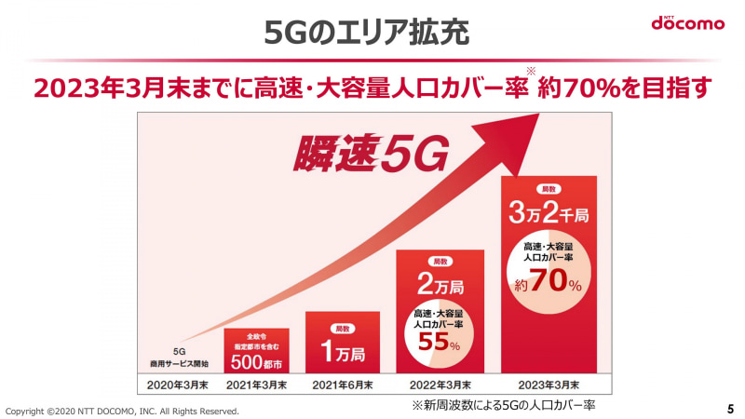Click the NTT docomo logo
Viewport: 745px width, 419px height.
(687, 21)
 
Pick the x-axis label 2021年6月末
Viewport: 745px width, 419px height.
(343, 384)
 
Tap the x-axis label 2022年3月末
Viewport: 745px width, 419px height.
(440, 384)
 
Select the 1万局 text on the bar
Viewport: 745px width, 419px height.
(343, 354)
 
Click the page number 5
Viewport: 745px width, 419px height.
(729, 409)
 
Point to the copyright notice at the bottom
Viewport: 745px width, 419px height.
(122, 411)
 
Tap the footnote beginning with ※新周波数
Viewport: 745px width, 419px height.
(503, 406)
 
